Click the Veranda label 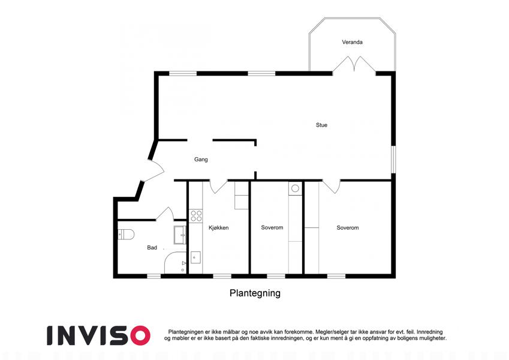(352, 42)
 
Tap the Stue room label (322, 125)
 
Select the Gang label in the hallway (201, 160)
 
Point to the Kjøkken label (218, 228)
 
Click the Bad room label (152, 247)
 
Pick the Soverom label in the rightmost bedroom (348, 228)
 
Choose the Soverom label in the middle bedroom (272, 228)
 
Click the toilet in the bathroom (126, 234)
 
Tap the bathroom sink (179, 234)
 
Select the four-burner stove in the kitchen (195, 215)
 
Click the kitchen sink (195, 258)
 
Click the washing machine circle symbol (295, 189)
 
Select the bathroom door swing (165, 213)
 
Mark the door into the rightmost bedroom (332, 186)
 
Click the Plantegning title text (255, 294)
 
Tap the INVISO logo (98, 335)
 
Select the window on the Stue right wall (393, 160)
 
